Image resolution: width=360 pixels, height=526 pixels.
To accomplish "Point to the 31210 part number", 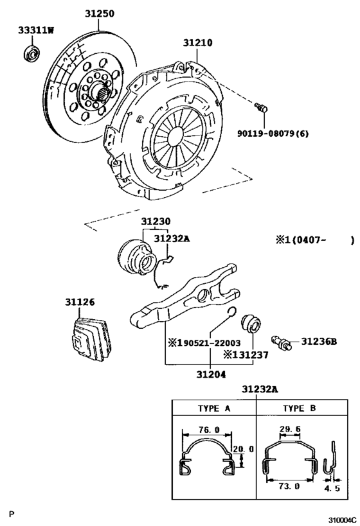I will click(x=197, y=43).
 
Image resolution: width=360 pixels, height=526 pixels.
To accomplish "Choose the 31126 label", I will click(x=79, y=301).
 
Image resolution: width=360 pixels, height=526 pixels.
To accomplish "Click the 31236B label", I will click(x=319, y=341).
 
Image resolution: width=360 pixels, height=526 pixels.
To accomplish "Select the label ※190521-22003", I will click(x=204, y=343).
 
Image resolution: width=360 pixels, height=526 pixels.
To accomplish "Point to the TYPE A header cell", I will click(x=213, y=408).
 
